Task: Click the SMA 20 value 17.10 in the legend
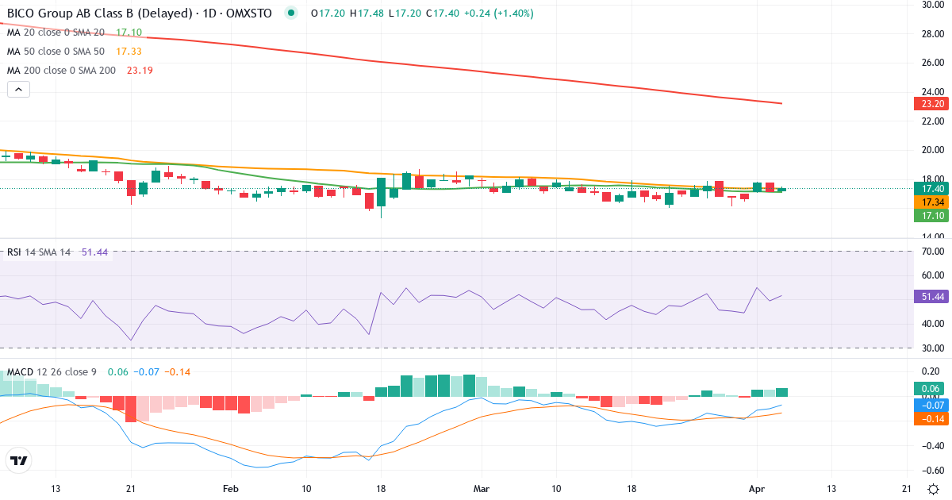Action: click(x=129, y=33)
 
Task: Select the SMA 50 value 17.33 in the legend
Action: click(x=129, y=51)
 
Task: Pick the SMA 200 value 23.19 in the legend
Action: click(x=140, y=70)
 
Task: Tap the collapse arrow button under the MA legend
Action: click(x=18, y=89)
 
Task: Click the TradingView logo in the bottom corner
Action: click(x=18, y=460)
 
